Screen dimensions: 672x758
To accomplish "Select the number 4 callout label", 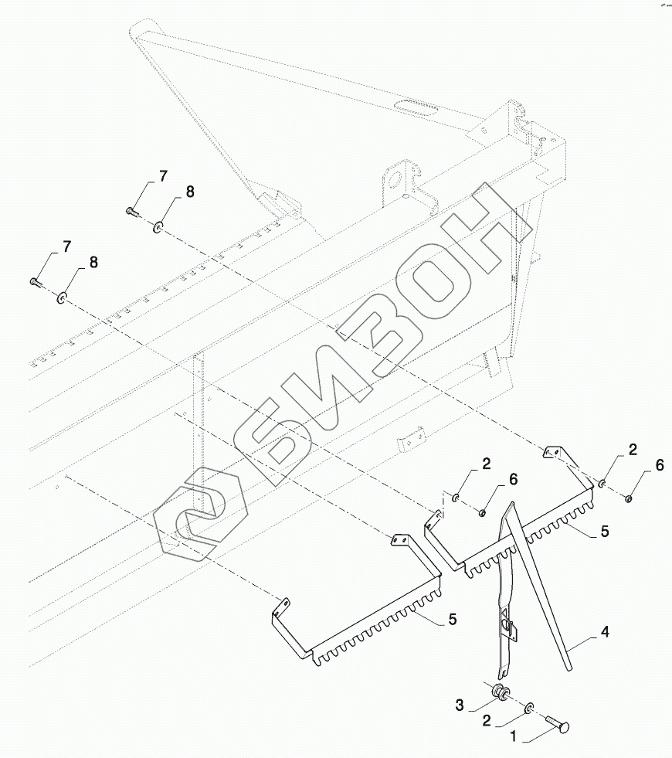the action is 605,633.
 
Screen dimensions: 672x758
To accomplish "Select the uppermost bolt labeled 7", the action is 131,209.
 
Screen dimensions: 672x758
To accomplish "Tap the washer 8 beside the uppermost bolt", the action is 158,227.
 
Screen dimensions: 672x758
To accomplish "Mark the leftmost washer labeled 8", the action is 62,296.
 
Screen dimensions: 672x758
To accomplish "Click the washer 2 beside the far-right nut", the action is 602,484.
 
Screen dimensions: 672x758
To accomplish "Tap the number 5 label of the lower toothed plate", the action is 453,619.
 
